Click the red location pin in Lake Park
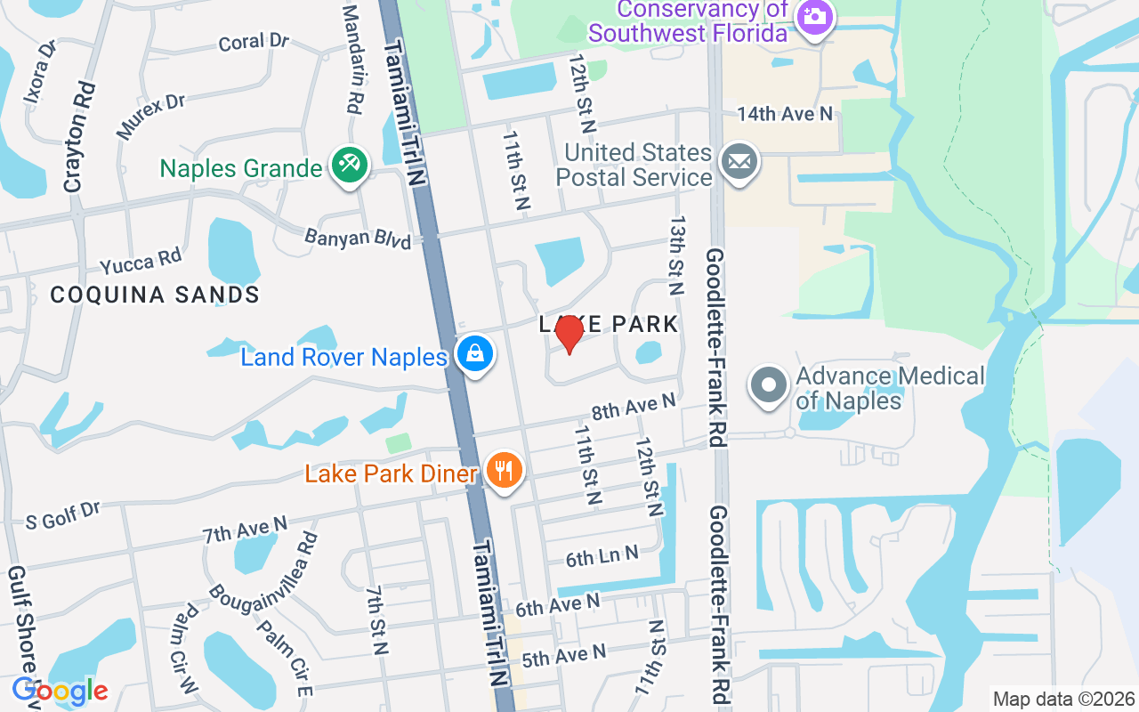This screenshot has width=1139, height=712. pos(569,335)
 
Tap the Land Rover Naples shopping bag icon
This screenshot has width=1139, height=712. pos(475,354)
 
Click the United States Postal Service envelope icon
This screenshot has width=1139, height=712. pos(739,163)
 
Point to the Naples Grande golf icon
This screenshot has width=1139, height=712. pos(350,166)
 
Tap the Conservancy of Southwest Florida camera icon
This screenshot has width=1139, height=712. pos(813,17)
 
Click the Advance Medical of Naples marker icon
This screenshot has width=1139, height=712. pos(770,386)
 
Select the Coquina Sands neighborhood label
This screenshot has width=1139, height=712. pos(155,295)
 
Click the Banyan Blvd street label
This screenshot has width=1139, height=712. pos(358,239)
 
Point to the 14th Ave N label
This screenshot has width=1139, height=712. pos(784,114)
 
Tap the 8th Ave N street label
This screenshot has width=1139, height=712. pos(634,408)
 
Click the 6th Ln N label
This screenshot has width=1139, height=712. pos(602,557)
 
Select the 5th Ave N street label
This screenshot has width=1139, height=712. pos(563,657)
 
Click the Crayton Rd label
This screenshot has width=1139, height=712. pos(79,138)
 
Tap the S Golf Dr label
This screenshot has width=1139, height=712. pos(63,515)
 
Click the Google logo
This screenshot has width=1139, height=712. pos(60,691)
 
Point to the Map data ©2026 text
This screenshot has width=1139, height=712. pos(1064,699)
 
